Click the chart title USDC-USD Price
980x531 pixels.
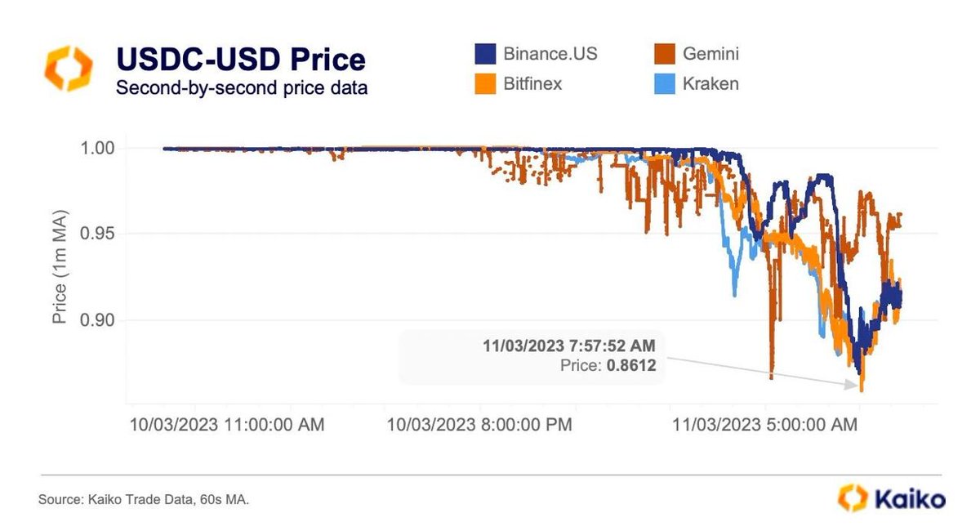[x=241, y=60]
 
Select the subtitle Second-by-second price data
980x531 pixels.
[x=242, y=88]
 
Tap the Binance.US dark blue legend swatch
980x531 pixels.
[x=485, y=55]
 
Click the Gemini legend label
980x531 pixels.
[x=711, y=55]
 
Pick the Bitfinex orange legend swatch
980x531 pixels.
[x=485, y=83]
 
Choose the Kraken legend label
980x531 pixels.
[x=710, y=83]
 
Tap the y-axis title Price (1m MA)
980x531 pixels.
[x=60, y=268]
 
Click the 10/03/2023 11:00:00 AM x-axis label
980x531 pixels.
[x=226, y=425]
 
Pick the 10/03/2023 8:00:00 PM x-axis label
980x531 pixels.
[x=479, y=425]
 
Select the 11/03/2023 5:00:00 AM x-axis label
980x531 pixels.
[x=764, y=425]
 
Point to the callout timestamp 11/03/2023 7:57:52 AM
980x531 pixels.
[x=569, y=346]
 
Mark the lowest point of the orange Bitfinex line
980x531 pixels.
[x=862, y=390]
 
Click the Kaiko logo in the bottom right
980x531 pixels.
[x=893, y=498]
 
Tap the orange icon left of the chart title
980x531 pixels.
[x=69, y=69]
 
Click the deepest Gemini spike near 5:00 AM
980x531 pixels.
[x=771, y=378]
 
